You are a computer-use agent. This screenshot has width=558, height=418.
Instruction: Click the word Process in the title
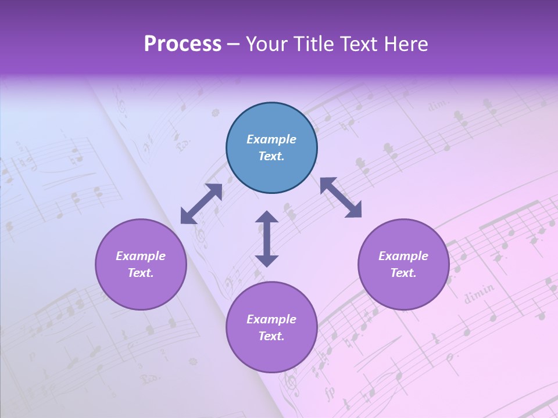pos(183,44)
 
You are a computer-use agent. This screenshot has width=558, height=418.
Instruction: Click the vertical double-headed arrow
pos(267,239)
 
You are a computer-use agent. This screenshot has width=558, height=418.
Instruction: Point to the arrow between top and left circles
pos(202,203)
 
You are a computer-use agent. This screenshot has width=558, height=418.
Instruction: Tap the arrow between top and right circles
pos(341,197)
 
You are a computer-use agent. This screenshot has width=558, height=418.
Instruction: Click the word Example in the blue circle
pos(271,139)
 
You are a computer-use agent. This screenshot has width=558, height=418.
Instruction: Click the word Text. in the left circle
pos(141,273)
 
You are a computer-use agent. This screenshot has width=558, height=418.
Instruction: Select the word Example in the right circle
pos(403,256)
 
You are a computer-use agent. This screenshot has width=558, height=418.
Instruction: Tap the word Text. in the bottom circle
pos(271,336)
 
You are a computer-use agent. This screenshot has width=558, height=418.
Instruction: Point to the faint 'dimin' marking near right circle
pos(480,293)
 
